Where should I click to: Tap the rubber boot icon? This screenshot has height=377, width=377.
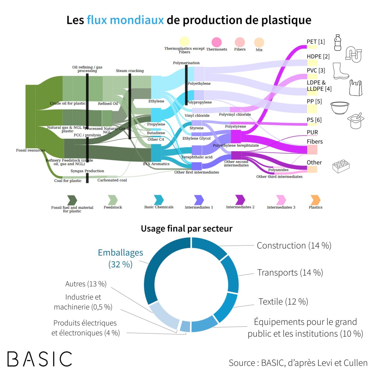pyautogui.click(x=340, y=71)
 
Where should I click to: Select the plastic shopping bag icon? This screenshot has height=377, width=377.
pyautogui.click(x=355, y=88)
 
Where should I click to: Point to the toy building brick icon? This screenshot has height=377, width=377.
pyautogui.click(x=341, y=166)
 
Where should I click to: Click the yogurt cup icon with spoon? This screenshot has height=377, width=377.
pyautogui.click(x=356, y=120)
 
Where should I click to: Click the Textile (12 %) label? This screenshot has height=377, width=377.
pyautogui.click(x=283, y=302)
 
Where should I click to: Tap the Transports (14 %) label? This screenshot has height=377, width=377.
pyautogui.click(x=290, y=273)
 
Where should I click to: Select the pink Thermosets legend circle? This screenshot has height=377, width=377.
pyautogui.click(x=216, y=42)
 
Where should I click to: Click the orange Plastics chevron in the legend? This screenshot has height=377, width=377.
pyautogui.click(x=315, y=200)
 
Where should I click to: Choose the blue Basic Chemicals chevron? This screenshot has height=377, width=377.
pyautogui.click(x=159, y=200)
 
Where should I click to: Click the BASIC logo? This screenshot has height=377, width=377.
pyautogui.click(x=40, y=359)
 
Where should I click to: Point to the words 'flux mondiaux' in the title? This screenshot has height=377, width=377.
pyautogui.click(x=125, y=20)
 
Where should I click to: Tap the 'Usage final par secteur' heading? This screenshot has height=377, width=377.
pyautogui.click(x=186, y=229)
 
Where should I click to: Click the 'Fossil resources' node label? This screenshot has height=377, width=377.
pyautogui.click(x=30, y=150)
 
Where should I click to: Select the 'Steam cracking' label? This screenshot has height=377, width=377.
pyautogui.click(x=130, y=71)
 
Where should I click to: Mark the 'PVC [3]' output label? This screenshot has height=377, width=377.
pyautogui.click(x=316, y=70)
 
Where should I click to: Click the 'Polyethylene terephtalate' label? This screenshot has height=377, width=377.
pyautogui.click(x=236, y=145)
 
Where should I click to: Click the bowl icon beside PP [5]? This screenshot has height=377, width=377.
pyautogui.click(x=340, y=108)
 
